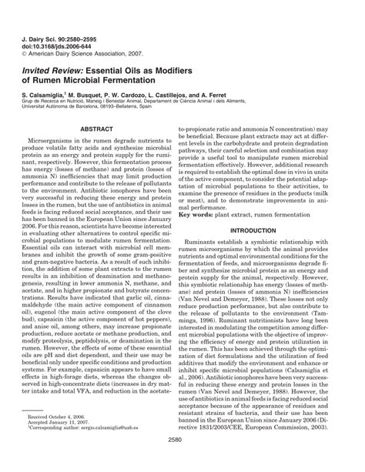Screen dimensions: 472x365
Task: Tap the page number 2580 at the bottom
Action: tap(182, 459)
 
